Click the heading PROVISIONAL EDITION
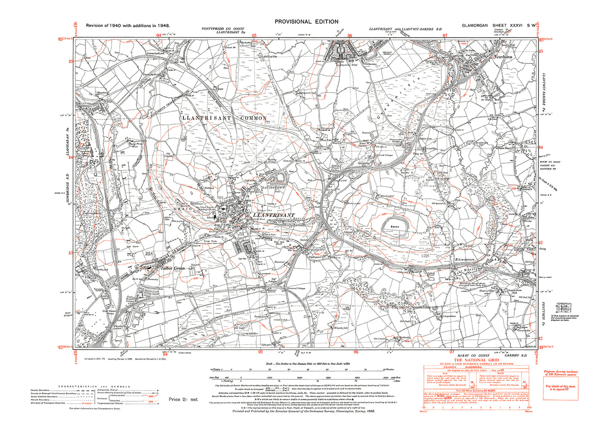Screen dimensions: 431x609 pos(306,22)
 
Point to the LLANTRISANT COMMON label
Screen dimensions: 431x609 pos(225,118)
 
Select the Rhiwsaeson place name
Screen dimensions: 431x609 pos(464,259)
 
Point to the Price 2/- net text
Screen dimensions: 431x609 pos(183,399)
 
